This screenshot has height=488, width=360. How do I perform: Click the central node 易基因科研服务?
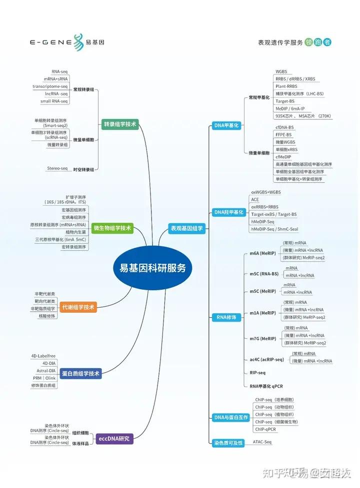click(152, 268)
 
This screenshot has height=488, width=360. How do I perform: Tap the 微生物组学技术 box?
click(112, 228)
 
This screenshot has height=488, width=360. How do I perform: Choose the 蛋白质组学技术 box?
click(80, 373)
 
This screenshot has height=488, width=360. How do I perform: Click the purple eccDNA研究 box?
click(114, 439)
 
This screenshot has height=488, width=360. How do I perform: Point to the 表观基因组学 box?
click(186, 228)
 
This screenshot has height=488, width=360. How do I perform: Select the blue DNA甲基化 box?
click(226, 125)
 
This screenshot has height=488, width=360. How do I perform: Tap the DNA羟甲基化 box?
click(228, 212)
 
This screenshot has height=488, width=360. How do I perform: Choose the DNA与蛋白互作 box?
click(230, 417)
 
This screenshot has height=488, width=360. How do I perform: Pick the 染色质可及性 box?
click(228, 443)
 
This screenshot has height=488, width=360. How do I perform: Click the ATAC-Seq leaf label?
click(262, 442)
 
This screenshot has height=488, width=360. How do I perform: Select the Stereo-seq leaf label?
click(57, 168)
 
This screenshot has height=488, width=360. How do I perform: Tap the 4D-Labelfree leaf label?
click(44, 356)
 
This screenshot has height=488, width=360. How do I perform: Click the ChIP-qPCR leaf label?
click(265, 429)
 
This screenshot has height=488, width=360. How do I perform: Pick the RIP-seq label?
click(257, 373)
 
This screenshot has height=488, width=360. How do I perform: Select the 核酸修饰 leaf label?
click(47, 316)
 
